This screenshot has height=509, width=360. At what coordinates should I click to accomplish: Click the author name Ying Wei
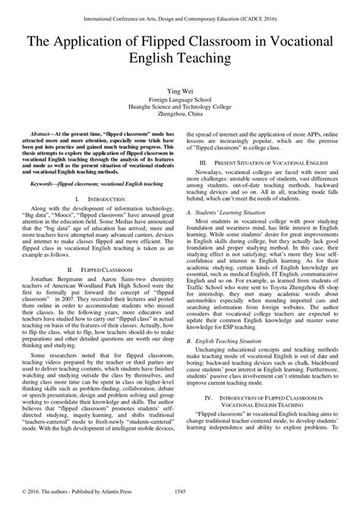(x=179, y=90)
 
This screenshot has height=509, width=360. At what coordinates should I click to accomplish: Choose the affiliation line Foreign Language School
(x=179, y=100)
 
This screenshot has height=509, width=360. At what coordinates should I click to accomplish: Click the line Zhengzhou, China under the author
(x=179, y=116)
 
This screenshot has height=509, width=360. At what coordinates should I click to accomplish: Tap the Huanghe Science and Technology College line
(x=179, y=108)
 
